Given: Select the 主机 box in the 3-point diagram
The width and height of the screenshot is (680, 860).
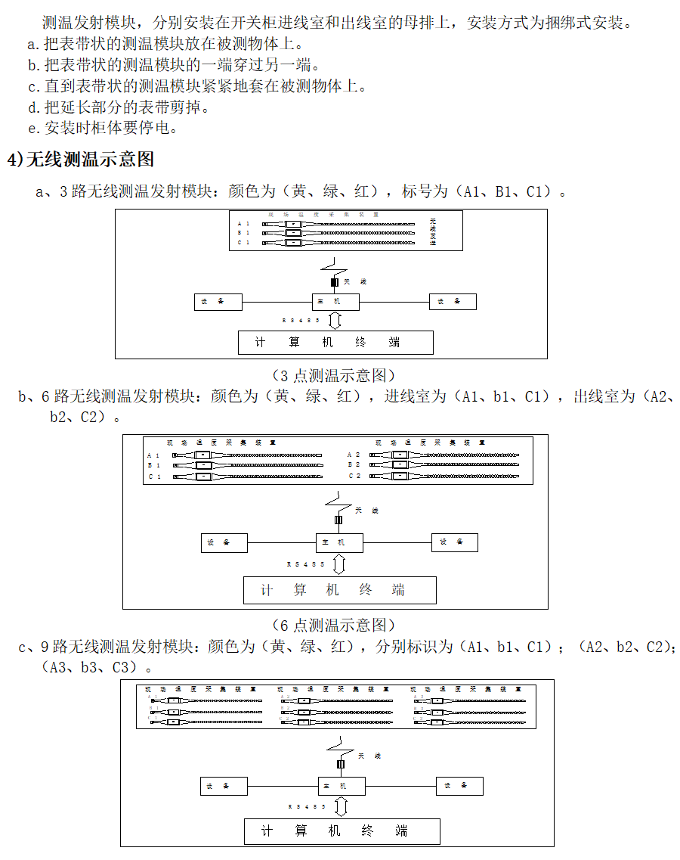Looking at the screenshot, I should pos(335,302).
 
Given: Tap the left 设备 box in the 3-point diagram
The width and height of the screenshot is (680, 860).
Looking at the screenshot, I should pos(218,302).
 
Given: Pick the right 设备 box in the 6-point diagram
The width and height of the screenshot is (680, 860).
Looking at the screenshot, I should pos(454,542).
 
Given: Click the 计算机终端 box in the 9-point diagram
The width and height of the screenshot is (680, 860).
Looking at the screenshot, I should pos(342,831).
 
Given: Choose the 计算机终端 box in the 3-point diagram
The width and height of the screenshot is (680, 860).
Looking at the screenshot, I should pos(335,343).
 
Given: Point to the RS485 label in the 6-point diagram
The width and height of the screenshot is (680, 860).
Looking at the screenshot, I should pos(306,564).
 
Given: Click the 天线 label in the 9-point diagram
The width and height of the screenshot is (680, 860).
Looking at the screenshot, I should pos(369,756).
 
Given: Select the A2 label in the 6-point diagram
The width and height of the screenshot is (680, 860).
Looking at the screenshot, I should pos(354,455).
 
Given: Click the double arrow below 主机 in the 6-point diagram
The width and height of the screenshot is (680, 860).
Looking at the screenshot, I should pos(339,564).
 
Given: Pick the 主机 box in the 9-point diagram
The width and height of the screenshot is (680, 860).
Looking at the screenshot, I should pos(341,787).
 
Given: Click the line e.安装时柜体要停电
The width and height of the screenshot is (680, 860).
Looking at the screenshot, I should pos(102,128).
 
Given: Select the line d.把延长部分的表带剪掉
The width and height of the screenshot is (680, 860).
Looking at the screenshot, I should pos(118,107).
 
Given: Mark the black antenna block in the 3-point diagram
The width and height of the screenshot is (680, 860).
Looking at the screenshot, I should pos(335,282).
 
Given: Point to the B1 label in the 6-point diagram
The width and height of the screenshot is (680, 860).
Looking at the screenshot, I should pos(154,466).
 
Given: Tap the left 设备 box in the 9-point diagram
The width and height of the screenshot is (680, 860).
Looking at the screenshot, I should pos(224,787).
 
